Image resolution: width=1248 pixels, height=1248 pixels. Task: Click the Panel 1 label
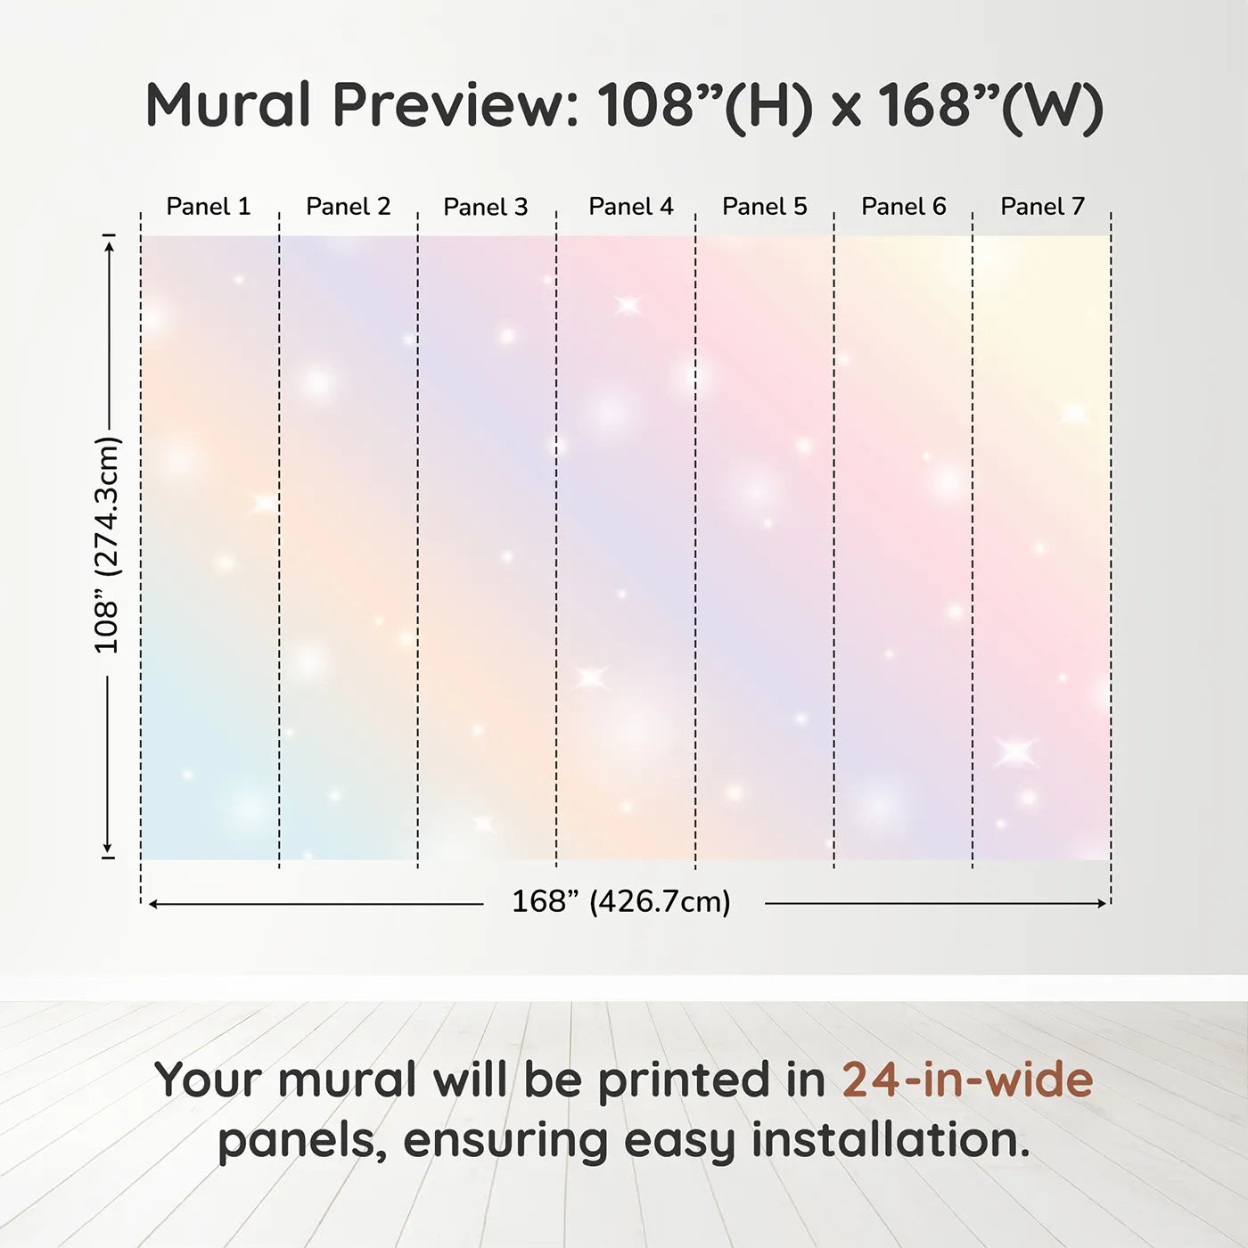[208, 207]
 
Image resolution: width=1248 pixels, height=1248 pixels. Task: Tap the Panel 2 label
[349, 207]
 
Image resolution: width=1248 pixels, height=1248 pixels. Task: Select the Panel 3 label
[486, 207]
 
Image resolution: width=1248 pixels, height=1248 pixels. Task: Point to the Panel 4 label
[631, 207]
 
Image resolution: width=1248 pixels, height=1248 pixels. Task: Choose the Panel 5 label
[765, 207]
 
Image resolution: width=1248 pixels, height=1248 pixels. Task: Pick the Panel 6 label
[903, 207]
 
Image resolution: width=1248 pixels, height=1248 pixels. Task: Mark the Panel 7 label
[1043, 207]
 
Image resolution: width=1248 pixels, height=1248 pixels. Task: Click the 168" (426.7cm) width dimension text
[621, 902]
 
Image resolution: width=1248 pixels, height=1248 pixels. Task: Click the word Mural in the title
[228, 104]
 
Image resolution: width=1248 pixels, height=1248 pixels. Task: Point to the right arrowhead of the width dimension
[1102, 903]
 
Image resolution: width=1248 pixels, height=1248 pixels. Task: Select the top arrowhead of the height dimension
[110, 247]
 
